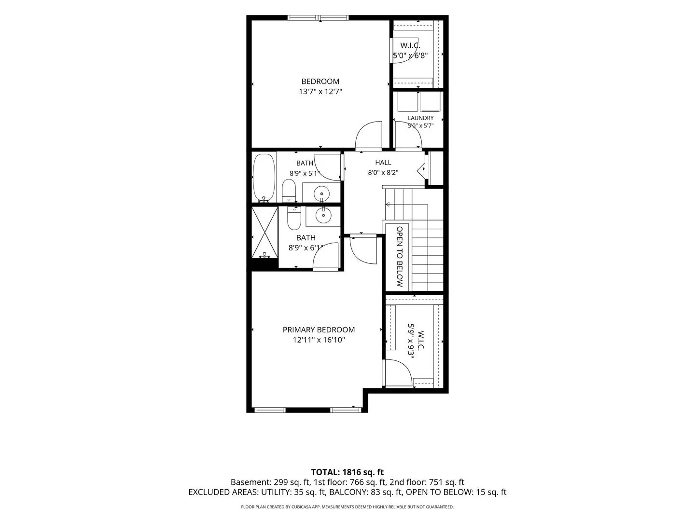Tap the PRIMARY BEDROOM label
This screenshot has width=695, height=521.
pos(319,329)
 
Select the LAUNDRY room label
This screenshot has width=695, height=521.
pos(420,118)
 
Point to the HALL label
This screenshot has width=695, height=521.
pos(383,162)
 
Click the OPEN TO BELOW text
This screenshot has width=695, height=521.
pos(400,257)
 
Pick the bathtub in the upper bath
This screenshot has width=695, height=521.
pos(264,178)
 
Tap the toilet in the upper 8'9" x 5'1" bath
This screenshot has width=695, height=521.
pos(289,190)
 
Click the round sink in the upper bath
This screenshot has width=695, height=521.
pos(322,192)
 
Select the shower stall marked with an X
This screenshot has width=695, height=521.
pos(264,233)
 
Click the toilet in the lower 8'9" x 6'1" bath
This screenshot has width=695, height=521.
pos(294,218)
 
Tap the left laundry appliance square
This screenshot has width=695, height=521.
pos(408,101)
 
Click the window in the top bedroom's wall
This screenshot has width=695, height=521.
pos(318,18)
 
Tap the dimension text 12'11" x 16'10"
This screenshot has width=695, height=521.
pos(319,340)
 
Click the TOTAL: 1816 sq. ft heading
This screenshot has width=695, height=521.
pos(347,472)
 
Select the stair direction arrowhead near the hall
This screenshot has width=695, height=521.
pos(387,205)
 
